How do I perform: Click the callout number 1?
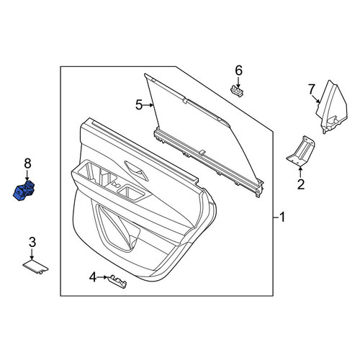point(282,217)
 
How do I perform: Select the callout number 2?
point(301,184)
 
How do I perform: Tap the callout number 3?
point(32,243)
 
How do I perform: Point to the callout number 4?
point(93,277)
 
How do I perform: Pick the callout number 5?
point(139,105)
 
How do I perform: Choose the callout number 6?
point(238,71)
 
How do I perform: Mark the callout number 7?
point(311,90)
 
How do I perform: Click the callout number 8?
point(27,164)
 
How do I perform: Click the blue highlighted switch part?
point(24,190)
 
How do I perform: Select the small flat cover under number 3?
point(35,267)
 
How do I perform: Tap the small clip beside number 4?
point(117,282)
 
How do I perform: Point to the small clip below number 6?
point(237,91)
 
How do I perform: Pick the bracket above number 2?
point(301,150)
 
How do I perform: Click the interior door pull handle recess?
point(136,171)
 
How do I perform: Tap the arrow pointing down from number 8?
point(27,175)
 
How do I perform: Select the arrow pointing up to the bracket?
point(300,172)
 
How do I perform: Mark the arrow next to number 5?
point(148,105)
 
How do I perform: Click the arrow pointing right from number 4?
point(103,277)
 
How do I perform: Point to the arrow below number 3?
point(32,254)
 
